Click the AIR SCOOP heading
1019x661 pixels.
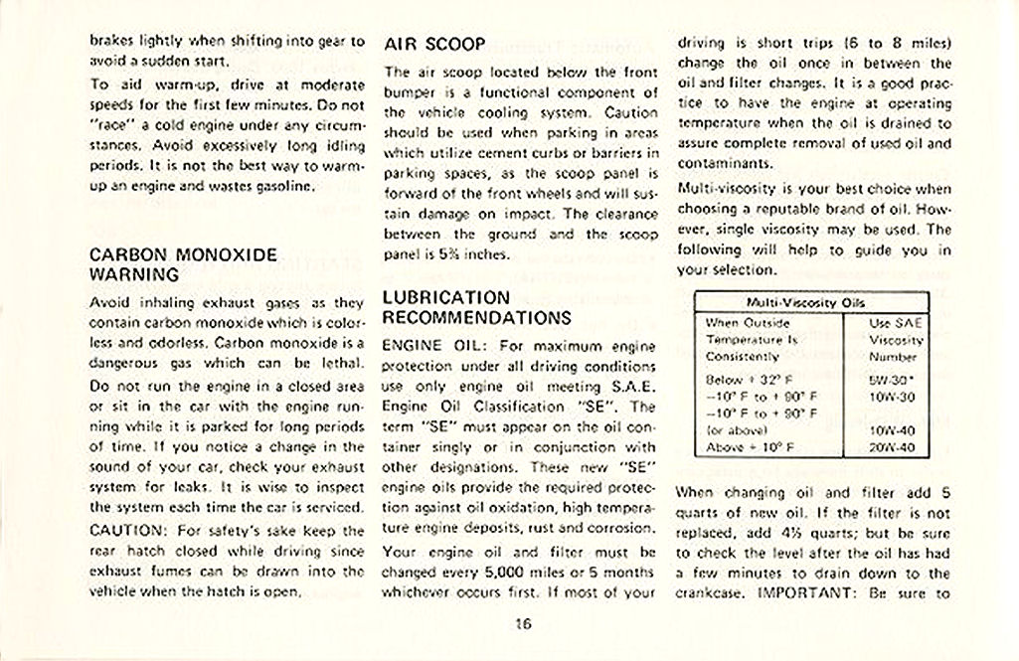[434, 45]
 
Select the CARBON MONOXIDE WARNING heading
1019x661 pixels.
[183, 264]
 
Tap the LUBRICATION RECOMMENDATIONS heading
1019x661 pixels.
[477, 307]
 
